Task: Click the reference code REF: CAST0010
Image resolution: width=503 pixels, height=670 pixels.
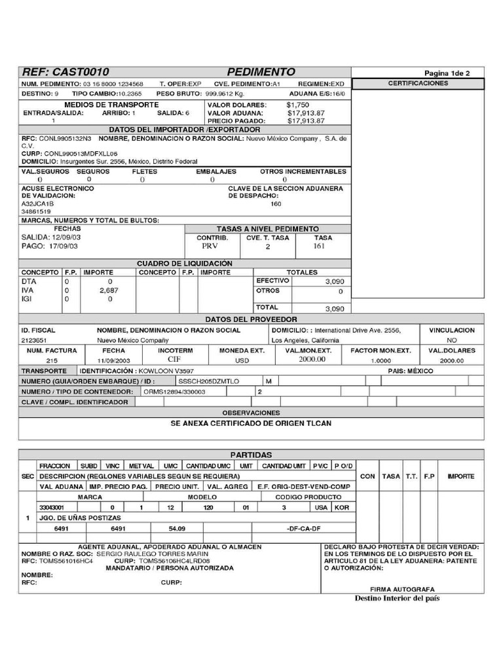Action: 65,72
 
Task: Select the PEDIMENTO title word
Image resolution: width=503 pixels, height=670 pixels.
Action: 261,72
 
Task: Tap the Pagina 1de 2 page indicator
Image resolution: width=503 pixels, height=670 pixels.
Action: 447,73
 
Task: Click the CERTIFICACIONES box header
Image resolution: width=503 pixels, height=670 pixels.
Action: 418,84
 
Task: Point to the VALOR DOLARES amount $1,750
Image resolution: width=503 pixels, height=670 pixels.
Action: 298,105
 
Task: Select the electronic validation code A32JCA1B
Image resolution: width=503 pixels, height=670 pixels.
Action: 38,203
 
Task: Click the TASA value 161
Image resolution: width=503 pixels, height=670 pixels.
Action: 319,247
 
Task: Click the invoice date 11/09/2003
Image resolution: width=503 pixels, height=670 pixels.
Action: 114,361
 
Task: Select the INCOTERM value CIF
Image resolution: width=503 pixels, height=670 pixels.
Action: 174,360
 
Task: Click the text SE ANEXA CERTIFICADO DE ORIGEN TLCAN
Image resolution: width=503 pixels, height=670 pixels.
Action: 251,423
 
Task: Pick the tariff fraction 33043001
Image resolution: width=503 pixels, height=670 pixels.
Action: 52,507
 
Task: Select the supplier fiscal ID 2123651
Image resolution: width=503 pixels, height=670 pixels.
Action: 34,340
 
